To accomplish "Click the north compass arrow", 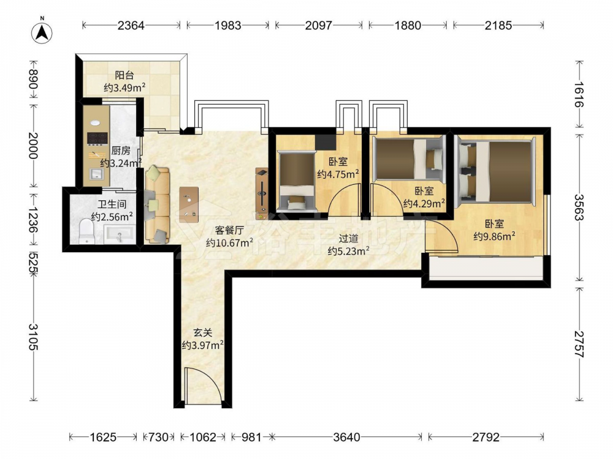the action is point(42,32).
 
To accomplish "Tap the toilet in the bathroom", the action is point(86,231).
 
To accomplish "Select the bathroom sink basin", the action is point(120,234).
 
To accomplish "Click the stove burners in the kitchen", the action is point(97,138).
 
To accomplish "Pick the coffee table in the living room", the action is point(189,204).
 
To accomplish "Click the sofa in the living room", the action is point(157,204).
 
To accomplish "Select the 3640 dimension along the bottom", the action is point(347,437).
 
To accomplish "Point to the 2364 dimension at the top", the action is point(131,25).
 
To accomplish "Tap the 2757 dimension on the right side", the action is point(579,344).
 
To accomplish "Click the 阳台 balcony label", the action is point(124,75).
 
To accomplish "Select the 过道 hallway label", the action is point(348,238).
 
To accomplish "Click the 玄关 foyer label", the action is point(203,332).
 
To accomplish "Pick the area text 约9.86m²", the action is point(494,236).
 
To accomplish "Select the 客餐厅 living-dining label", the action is point(229,230).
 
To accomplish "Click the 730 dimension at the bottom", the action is point(158,437).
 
